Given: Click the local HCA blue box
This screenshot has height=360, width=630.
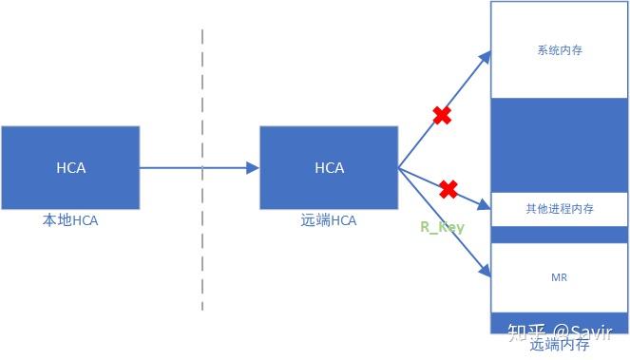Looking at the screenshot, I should [70, 168].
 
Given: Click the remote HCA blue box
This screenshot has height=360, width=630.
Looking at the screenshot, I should [329, 168].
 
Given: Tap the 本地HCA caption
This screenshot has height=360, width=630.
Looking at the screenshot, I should [70, 220].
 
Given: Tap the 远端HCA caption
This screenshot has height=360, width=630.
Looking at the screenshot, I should [329, 220].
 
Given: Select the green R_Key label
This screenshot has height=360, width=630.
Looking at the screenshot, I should [442, 228].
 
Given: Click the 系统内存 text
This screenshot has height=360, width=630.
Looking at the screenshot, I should [559, 50].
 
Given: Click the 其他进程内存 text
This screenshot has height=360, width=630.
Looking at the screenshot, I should [559, 209].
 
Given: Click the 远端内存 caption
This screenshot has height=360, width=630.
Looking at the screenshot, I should [559, 346].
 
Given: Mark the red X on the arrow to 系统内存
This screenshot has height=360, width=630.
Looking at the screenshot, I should [442, 116].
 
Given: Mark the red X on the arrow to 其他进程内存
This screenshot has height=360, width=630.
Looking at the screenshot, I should [449, 190].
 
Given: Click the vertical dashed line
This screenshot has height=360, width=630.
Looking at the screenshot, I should [202, 171].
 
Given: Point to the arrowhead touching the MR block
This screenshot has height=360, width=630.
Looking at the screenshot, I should [486, 274].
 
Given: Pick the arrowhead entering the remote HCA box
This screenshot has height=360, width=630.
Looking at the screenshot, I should [253, 168].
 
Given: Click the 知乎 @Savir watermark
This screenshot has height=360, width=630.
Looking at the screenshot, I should [564, 332].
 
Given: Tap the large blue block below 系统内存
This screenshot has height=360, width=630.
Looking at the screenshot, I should [559, 143].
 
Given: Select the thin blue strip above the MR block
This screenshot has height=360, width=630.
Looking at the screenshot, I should [559, 234].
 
